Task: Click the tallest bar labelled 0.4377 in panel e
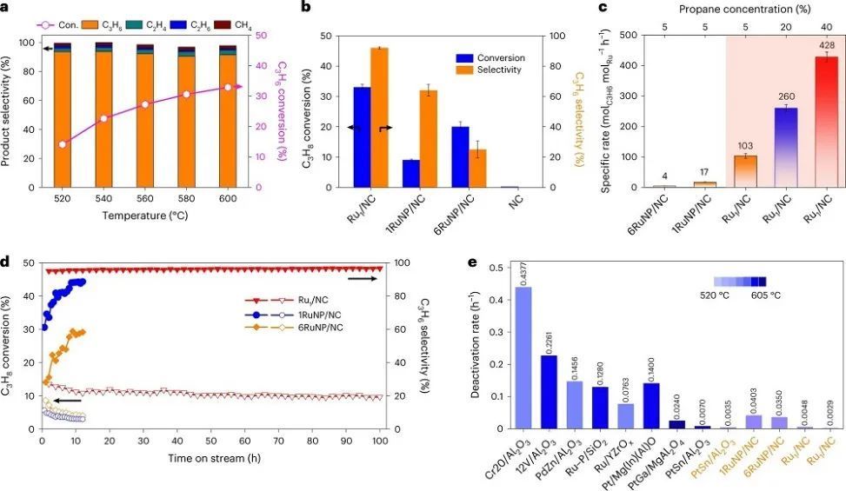coord(523,357)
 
